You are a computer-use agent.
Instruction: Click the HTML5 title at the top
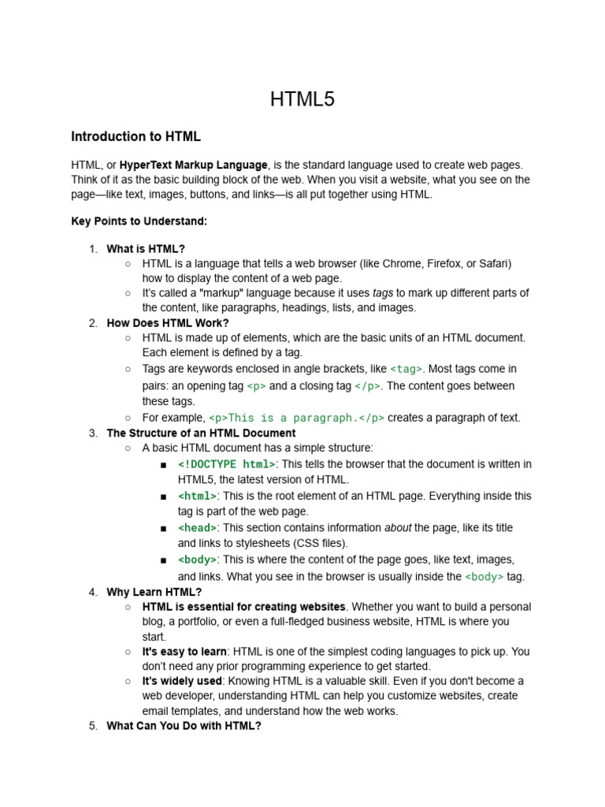click(x=302, y=99)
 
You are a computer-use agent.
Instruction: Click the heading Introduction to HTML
click(x=135, y=136)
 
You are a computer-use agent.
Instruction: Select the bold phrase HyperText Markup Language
click(x=194, y=165)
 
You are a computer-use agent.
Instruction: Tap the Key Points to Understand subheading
click(x=139, y=221)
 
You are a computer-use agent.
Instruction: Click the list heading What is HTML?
click(x=146, y=249)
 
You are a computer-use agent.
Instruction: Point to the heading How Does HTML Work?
click(x=168, y=323)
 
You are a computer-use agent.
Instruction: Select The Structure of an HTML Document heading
click(x=201, y=433)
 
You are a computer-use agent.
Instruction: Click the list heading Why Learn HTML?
click(x=154, y=592)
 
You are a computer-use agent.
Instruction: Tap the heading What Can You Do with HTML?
click(x=184, y=726)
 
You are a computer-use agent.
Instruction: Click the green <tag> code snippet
click(x=406, y=369)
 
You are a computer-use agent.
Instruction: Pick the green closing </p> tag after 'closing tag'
click(x=368, y=386)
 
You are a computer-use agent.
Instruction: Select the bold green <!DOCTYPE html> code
click(x=227, y=464)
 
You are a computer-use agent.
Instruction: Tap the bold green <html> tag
click(x=197, y=496)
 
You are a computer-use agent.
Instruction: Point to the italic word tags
click(x=383, y=293)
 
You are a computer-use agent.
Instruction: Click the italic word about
click(x=398, y=528)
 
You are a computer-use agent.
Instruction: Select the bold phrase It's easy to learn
click(x=184, y=652)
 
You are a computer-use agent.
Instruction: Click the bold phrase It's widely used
click(x=182, y=681)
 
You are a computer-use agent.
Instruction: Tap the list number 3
click(x=93, y=433)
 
